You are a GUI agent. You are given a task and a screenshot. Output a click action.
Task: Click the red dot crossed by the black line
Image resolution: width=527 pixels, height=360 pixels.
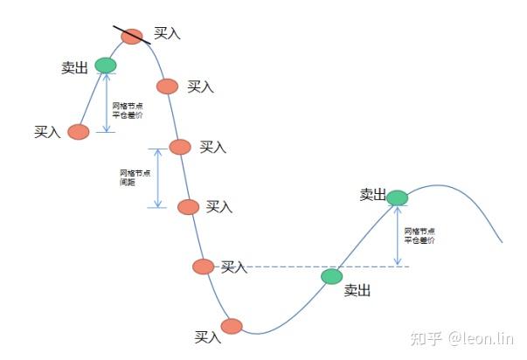[x=132, y=36]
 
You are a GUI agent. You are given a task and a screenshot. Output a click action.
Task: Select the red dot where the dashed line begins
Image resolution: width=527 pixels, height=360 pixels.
[x=203, y=267]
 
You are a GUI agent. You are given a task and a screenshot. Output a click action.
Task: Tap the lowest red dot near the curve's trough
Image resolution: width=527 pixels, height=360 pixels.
[x=231, y=326]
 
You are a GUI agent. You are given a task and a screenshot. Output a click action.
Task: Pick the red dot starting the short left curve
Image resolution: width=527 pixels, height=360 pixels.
[x=79, y=132]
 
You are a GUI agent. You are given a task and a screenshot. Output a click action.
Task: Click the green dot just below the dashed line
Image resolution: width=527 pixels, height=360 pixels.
[x=332, y=277]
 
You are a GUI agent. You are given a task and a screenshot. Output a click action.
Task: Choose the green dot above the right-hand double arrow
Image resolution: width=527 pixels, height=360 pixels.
[x=397, y=197]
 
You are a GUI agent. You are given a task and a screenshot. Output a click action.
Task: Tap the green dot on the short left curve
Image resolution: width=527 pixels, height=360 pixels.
[x=105, y=65]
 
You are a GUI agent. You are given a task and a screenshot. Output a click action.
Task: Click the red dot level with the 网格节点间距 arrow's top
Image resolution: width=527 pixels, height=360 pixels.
[x=179, y=147]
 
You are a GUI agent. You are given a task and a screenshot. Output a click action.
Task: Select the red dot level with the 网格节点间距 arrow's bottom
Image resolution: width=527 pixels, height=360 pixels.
[x=188, y=207]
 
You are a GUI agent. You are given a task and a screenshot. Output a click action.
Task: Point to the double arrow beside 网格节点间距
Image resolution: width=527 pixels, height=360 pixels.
[x=157, y=177]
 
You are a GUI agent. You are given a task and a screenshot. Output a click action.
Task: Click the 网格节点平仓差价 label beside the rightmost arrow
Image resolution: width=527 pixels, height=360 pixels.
[x=420, y=235]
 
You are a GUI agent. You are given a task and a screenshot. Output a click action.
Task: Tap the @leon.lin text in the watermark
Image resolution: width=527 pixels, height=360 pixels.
[x=482, y=338]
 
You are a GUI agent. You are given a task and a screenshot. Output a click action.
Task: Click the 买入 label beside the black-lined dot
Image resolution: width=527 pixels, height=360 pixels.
[x=167, y=33]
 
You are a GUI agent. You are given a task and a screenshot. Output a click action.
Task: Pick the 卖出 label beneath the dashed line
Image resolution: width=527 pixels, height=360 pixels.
[x=357, y=291]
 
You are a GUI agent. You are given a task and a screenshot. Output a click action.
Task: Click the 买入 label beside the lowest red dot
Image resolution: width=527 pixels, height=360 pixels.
[x=208, y=336]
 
